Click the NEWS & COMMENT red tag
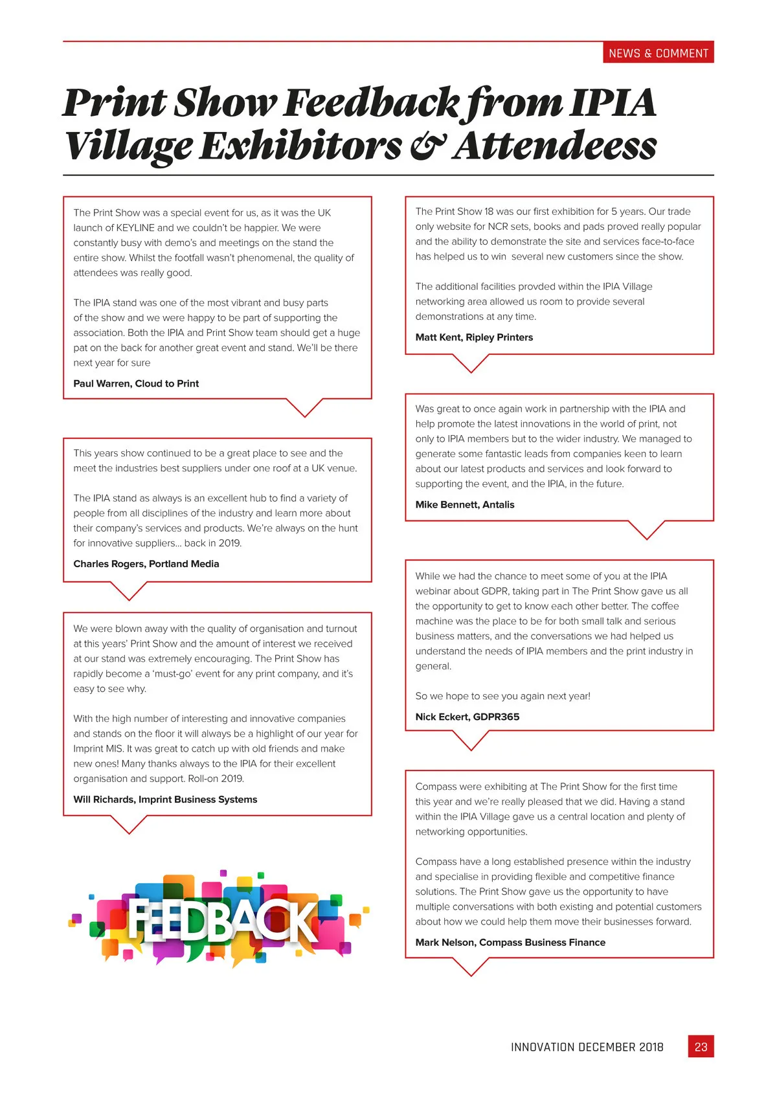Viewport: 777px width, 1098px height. (658, 53)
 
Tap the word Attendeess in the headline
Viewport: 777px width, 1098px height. (555, 146)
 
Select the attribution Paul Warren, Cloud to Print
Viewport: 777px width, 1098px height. (136, 383)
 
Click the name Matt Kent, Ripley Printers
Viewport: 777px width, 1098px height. (474, 337)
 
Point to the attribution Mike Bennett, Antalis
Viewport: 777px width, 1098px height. (465, 504)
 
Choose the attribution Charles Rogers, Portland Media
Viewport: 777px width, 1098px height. (146, 564)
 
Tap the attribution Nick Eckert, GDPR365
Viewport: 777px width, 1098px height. (467, 717)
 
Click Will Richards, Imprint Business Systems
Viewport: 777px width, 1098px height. (165, 800)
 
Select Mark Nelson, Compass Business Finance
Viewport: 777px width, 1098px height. (510, 943)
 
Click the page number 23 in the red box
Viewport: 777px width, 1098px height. (701, 1047)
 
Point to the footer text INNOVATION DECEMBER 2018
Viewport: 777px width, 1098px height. (587, 1047)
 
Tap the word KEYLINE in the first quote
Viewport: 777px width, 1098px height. (135, 228)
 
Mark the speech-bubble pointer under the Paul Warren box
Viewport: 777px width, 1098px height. (304, 407)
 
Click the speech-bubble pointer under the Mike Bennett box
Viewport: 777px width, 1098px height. (646, 530)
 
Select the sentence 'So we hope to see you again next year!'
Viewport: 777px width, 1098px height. (502, 696)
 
